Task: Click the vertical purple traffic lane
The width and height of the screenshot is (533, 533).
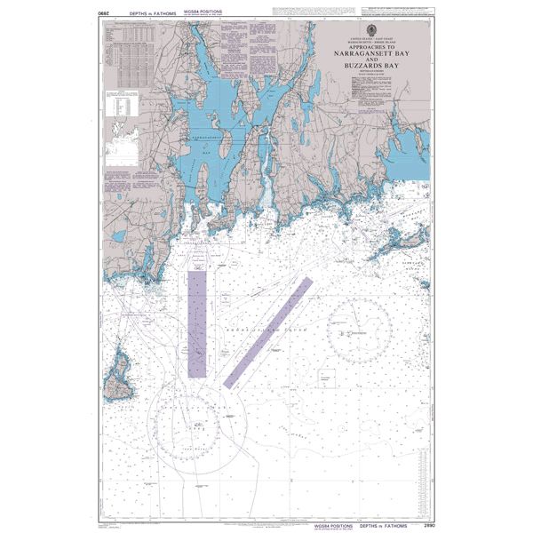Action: click(196, 324)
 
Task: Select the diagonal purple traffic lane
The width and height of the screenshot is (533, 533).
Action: click(267, 332)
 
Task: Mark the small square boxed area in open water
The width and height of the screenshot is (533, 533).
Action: click(327, 379)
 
